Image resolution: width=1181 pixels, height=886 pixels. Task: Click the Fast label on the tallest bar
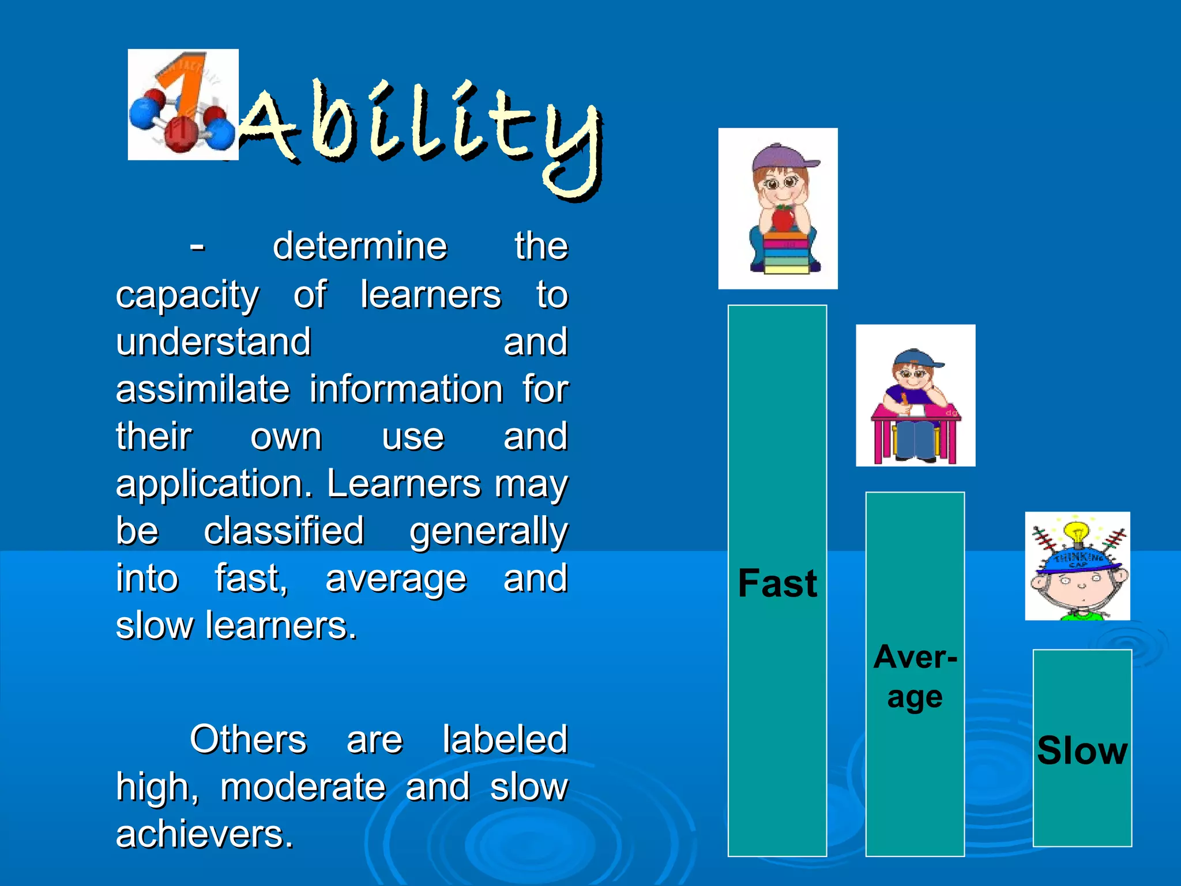point(777,583)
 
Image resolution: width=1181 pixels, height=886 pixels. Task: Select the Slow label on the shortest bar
point(1082,750)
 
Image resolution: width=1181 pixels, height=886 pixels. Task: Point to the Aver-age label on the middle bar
point(915,677)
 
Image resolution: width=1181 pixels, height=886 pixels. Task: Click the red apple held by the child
point(783,219)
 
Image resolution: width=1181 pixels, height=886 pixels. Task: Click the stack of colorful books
point(785,254)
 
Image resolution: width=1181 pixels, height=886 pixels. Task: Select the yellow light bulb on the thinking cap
point(1076,532)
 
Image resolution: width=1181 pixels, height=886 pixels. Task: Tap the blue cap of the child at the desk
point(914,358)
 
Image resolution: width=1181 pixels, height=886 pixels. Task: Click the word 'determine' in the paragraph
point(360,246)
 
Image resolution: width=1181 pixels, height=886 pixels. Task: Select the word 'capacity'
point(187,295)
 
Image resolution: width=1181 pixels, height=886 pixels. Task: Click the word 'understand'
point(213,342)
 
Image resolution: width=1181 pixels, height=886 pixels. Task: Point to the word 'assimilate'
point(202,389)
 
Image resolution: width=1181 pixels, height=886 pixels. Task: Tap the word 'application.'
point(213,484)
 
